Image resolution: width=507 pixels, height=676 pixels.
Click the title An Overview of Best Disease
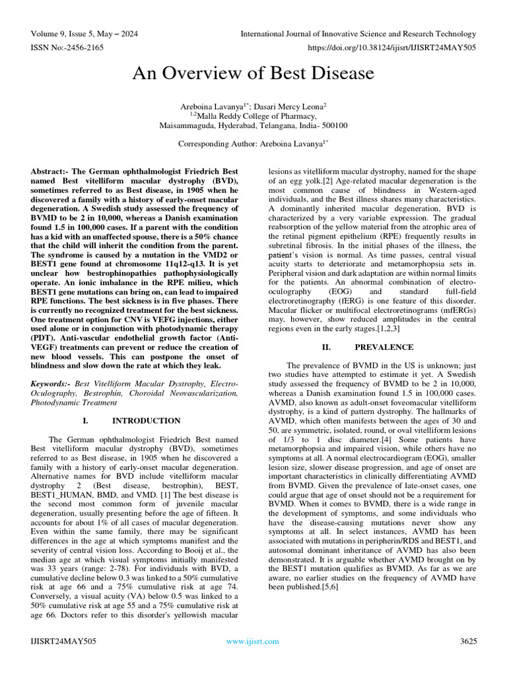253,73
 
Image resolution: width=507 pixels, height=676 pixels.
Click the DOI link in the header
391,48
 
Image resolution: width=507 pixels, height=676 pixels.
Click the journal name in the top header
358,34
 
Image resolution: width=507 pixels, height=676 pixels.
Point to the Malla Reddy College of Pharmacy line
253,116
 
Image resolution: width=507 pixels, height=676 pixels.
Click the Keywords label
51,384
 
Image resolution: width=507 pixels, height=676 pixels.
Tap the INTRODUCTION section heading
146,421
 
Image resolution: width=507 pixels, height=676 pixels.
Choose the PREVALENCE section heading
384,347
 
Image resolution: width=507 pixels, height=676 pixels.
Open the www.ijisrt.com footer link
253,641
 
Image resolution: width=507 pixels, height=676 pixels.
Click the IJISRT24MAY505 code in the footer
63,641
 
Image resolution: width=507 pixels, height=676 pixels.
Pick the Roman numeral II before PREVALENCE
326,347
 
